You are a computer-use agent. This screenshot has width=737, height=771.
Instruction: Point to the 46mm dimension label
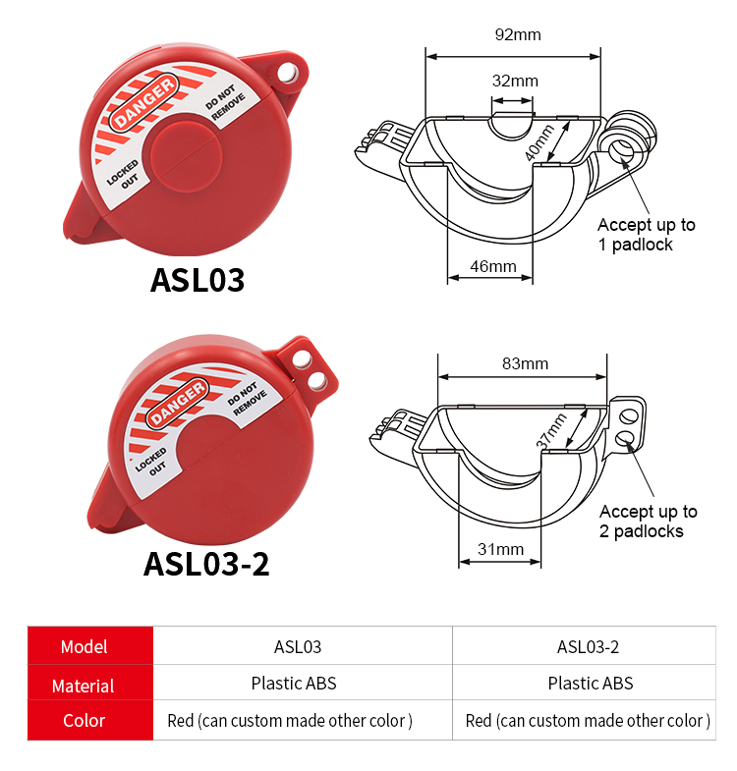pyautogui.click(x=492, y=266)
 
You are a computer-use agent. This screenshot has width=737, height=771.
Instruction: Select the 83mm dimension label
pyautogui.click(x=525, y=363)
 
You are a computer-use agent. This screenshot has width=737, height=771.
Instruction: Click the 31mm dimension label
pyautogui.click(x=500, y=549)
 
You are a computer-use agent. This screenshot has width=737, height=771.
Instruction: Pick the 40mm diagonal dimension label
pyautogui.click(x=539, y=143)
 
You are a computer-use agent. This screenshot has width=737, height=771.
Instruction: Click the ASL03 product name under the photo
pyautogui.click(x=197, y=280)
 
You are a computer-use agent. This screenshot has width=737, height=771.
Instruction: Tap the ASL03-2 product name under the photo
pyautogui.click(x=206, y=564)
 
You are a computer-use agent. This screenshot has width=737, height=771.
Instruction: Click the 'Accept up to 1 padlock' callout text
pyautogui.click(x=646, y=235)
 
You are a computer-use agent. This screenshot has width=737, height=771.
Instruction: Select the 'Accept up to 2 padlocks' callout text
pyautogui.click(x=649, y=522)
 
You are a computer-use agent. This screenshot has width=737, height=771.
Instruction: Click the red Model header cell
pyautogui.click(x=85, y=647)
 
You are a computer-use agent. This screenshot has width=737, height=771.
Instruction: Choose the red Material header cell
pyautogui.click(x=85, y=685)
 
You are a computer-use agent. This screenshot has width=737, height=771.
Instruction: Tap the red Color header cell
pyautogui.click(x=85, y=721)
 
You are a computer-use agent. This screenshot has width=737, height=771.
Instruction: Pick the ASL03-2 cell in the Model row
pyautogui.click(x=588, y=647)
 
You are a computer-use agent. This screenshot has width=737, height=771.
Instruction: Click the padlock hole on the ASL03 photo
pyautogui.click(x=287, y=73)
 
